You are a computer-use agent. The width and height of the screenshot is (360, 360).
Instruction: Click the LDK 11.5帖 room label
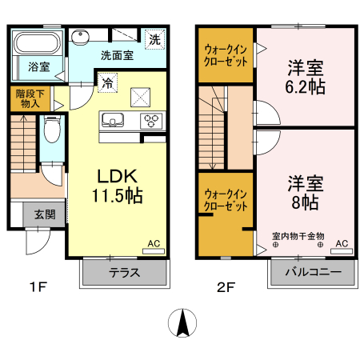[x=121, y=186]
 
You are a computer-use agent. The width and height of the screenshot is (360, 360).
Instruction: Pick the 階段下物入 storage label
[x=31, y=98]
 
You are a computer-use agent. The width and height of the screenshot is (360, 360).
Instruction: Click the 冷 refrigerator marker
[x=106, y=82]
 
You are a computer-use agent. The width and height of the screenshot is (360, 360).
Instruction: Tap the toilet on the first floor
[x=51, y=128]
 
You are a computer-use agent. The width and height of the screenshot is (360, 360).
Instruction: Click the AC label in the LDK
[x=153, y=243]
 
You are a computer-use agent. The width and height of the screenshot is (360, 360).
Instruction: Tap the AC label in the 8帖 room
[x=341, y=243]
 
